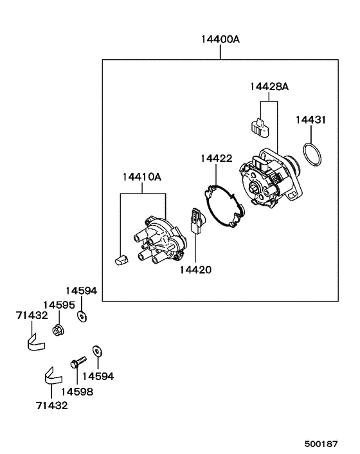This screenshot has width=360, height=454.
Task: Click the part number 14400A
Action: point(220,39)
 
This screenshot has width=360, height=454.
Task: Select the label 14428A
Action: point(269,86)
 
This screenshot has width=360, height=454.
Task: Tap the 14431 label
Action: point(311,120)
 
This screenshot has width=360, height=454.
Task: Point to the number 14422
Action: point(215,158)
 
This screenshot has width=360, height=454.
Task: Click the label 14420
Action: point(195,270)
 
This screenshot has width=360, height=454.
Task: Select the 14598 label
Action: point(76,391)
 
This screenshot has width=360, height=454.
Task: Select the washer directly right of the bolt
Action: point(96,351)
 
